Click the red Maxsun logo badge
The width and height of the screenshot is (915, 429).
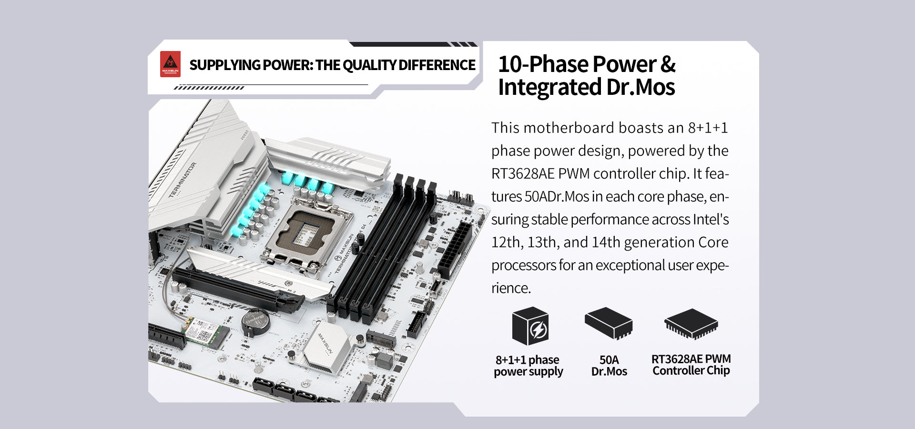coord(170,64)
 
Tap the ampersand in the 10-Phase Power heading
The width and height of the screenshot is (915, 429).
coord(668,64)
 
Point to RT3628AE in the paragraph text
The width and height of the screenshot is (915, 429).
coord(523,174)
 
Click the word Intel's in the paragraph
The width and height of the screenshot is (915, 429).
coord(711,219)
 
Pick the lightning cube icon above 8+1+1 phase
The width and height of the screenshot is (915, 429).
coord(530,326)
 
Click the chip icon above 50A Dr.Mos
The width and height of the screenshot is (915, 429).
coord(609,323)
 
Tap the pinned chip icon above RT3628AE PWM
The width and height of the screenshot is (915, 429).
coord(691,324)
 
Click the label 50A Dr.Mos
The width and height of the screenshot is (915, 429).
coord(609,366)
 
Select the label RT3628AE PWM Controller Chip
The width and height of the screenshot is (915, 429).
coord(691,365)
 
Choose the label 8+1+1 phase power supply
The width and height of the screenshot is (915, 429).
coord(529,366)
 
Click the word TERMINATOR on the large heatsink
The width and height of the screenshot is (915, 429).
coord(183,180)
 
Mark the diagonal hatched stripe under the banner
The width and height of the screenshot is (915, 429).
coord(209,88)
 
